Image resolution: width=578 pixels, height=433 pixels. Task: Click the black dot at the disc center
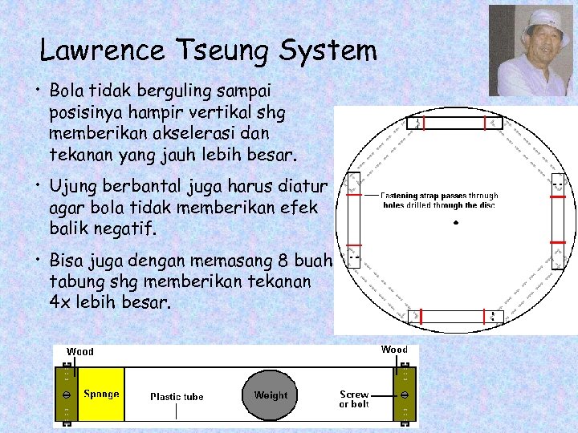click(455, 222)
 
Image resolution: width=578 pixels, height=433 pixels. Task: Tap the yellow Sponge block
click(100, 394)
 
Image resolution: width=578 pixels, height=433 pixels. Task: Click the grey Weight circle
click(271, 395)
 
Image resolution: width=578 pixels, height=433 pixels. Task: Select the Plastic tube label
click(177, 396)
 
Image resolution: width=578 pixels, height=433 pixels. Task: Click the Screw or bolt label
click(354, 399)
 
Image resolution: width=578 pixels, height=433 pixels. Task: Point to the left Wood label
click(80, 351)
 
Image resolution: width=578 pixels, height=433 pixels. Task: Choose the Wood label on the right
click(394, 349)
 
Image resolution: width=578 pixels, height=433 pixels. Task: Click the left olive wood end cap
click(64, 395)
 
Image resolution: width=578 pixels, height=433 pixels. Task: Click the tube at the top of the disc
click(454, 123)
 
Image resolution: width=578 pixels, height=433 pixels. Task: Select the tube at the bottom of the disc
click(454, 317)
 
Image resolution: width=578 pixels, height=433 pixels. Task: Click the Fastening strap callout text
click(439, 200)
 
